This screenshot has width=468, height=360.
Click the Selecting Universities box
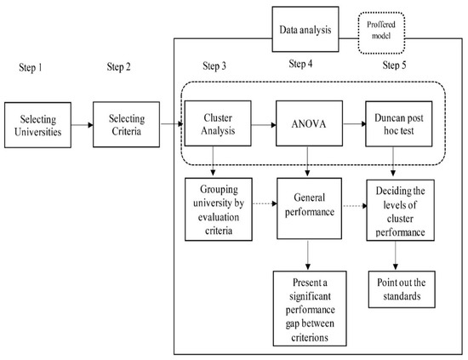pyautogui.click(x=38, y=125)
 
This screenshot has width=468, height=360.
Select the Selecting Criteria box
pyautogui.click(x=126, y=124)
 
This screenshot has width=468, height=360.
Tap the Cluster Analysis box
pyautogui.click(x=218, y=123)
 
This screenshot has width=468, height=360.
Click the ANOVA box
pyautogui.click(x=309, y=123)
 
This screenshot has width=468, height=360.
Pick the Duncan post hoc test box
pyautogui.click(x=399, y=124)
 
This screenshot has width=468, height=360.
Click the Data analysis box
pyautogui.click(x=305, y=29)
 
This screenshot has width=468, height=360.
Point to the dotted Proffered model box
pyautogui.click(x=381, y=33)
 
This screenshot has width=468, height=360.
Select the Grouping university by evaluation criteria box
pyautogui.click(x=219, y=209)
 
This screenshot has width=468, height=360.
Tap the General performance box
pyautogui.click(x=309, y=209)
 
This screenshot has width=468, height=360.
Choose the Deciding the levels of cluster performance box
pyautogui.click(x=400, y=210)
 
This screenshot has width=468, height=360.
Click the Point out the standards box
pyautogui.click(x=402, y=289)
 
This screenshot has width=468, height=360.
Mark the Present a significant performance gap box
pyautogui.click(x=310, y=308)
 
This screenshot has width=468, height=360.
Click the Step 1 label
pyautogui.click(x=31, y=67)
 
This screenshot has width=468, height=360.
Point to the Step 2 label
pyautogui.click(x=119, y=66)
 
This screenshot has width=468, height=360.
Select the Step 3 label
pyautogui.click(x=214, y=66)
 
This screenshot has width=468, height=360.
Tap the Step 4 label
pyautogui.click(x=300, y=64)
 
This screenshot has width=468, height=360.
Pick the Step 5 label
pyautogui.click(x=394, y=65)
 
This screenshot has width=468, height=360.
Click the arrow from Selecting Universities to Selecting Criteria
pyautogui.click(x=82, y=125)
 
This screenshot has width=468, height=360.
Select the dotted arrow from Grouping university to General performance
pyautogui.click(x=265, y=203)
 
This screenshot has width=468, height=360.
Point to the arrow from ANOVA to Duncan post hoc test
pyautogui.click(x=354, y=123)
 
